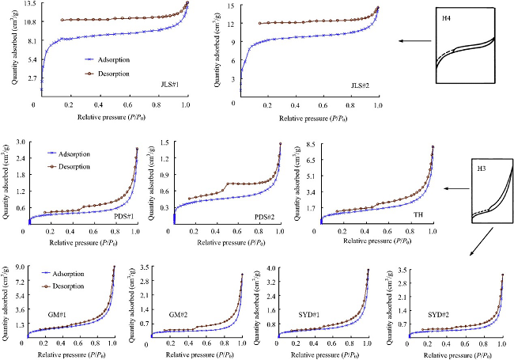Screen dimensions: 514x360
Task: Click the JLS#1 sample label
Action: click(x=170, y=85)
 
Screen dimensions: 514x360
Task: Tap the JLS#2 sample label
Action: click(x=361, y=85)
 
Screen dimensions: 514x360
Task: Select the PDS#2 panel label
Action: click(x=265, y=217)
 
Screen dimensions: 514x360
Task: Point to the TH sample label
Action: click(x=418, y=214)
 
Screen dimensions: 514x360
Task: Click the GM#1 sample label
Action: click(x=57, y=314)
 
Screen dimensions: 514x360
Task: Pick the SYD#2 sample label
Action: click(x=438, y=315)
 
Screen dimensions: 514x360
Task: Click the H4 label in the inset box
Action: click(x=446, y=18)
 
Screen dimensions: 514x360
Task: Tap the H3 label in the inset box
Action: click(x=482, y=169)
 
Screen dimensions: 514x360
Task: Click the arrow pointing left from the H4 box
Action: click(x=415, y=41)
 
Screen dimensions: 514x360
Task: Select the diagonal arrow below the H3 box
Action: click(x=482, y=241)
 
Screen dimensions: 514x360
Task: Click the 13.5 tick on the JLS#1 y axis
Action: click(x=30, y=4)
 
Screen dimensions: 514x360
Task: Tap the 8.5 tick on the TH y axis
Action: click(x=310, y=144)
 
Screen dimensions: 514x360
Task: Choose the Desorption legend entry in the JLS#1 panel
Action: click(x=108, y=74)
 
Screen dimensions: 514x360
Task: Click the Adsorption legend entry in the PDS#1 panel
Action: click(x=69, y=154)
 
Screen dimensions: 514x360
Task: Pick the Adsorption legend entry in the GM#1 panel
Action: click(x=63, y=274)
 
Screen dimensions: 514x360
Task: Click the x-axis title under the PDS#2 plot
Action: click(x=231, y=243)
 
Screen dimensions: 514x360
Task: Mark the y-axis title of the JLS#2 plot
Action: click(x=217, y=49)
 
